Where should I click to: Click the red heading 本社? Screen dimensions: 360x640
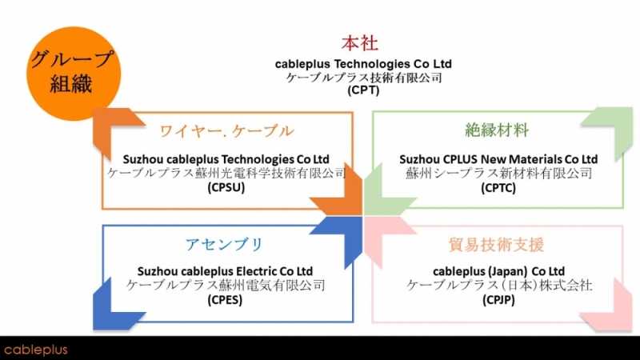[x=359, y=43]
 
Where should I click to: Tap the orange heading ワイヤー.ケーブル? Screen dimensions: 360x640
[x=226, y=131]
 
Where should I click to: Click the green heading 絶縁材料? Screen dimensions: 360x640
[x=497, y=130]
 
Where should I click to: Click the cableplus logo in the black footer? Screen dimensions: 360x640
[x=35, y=349]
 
